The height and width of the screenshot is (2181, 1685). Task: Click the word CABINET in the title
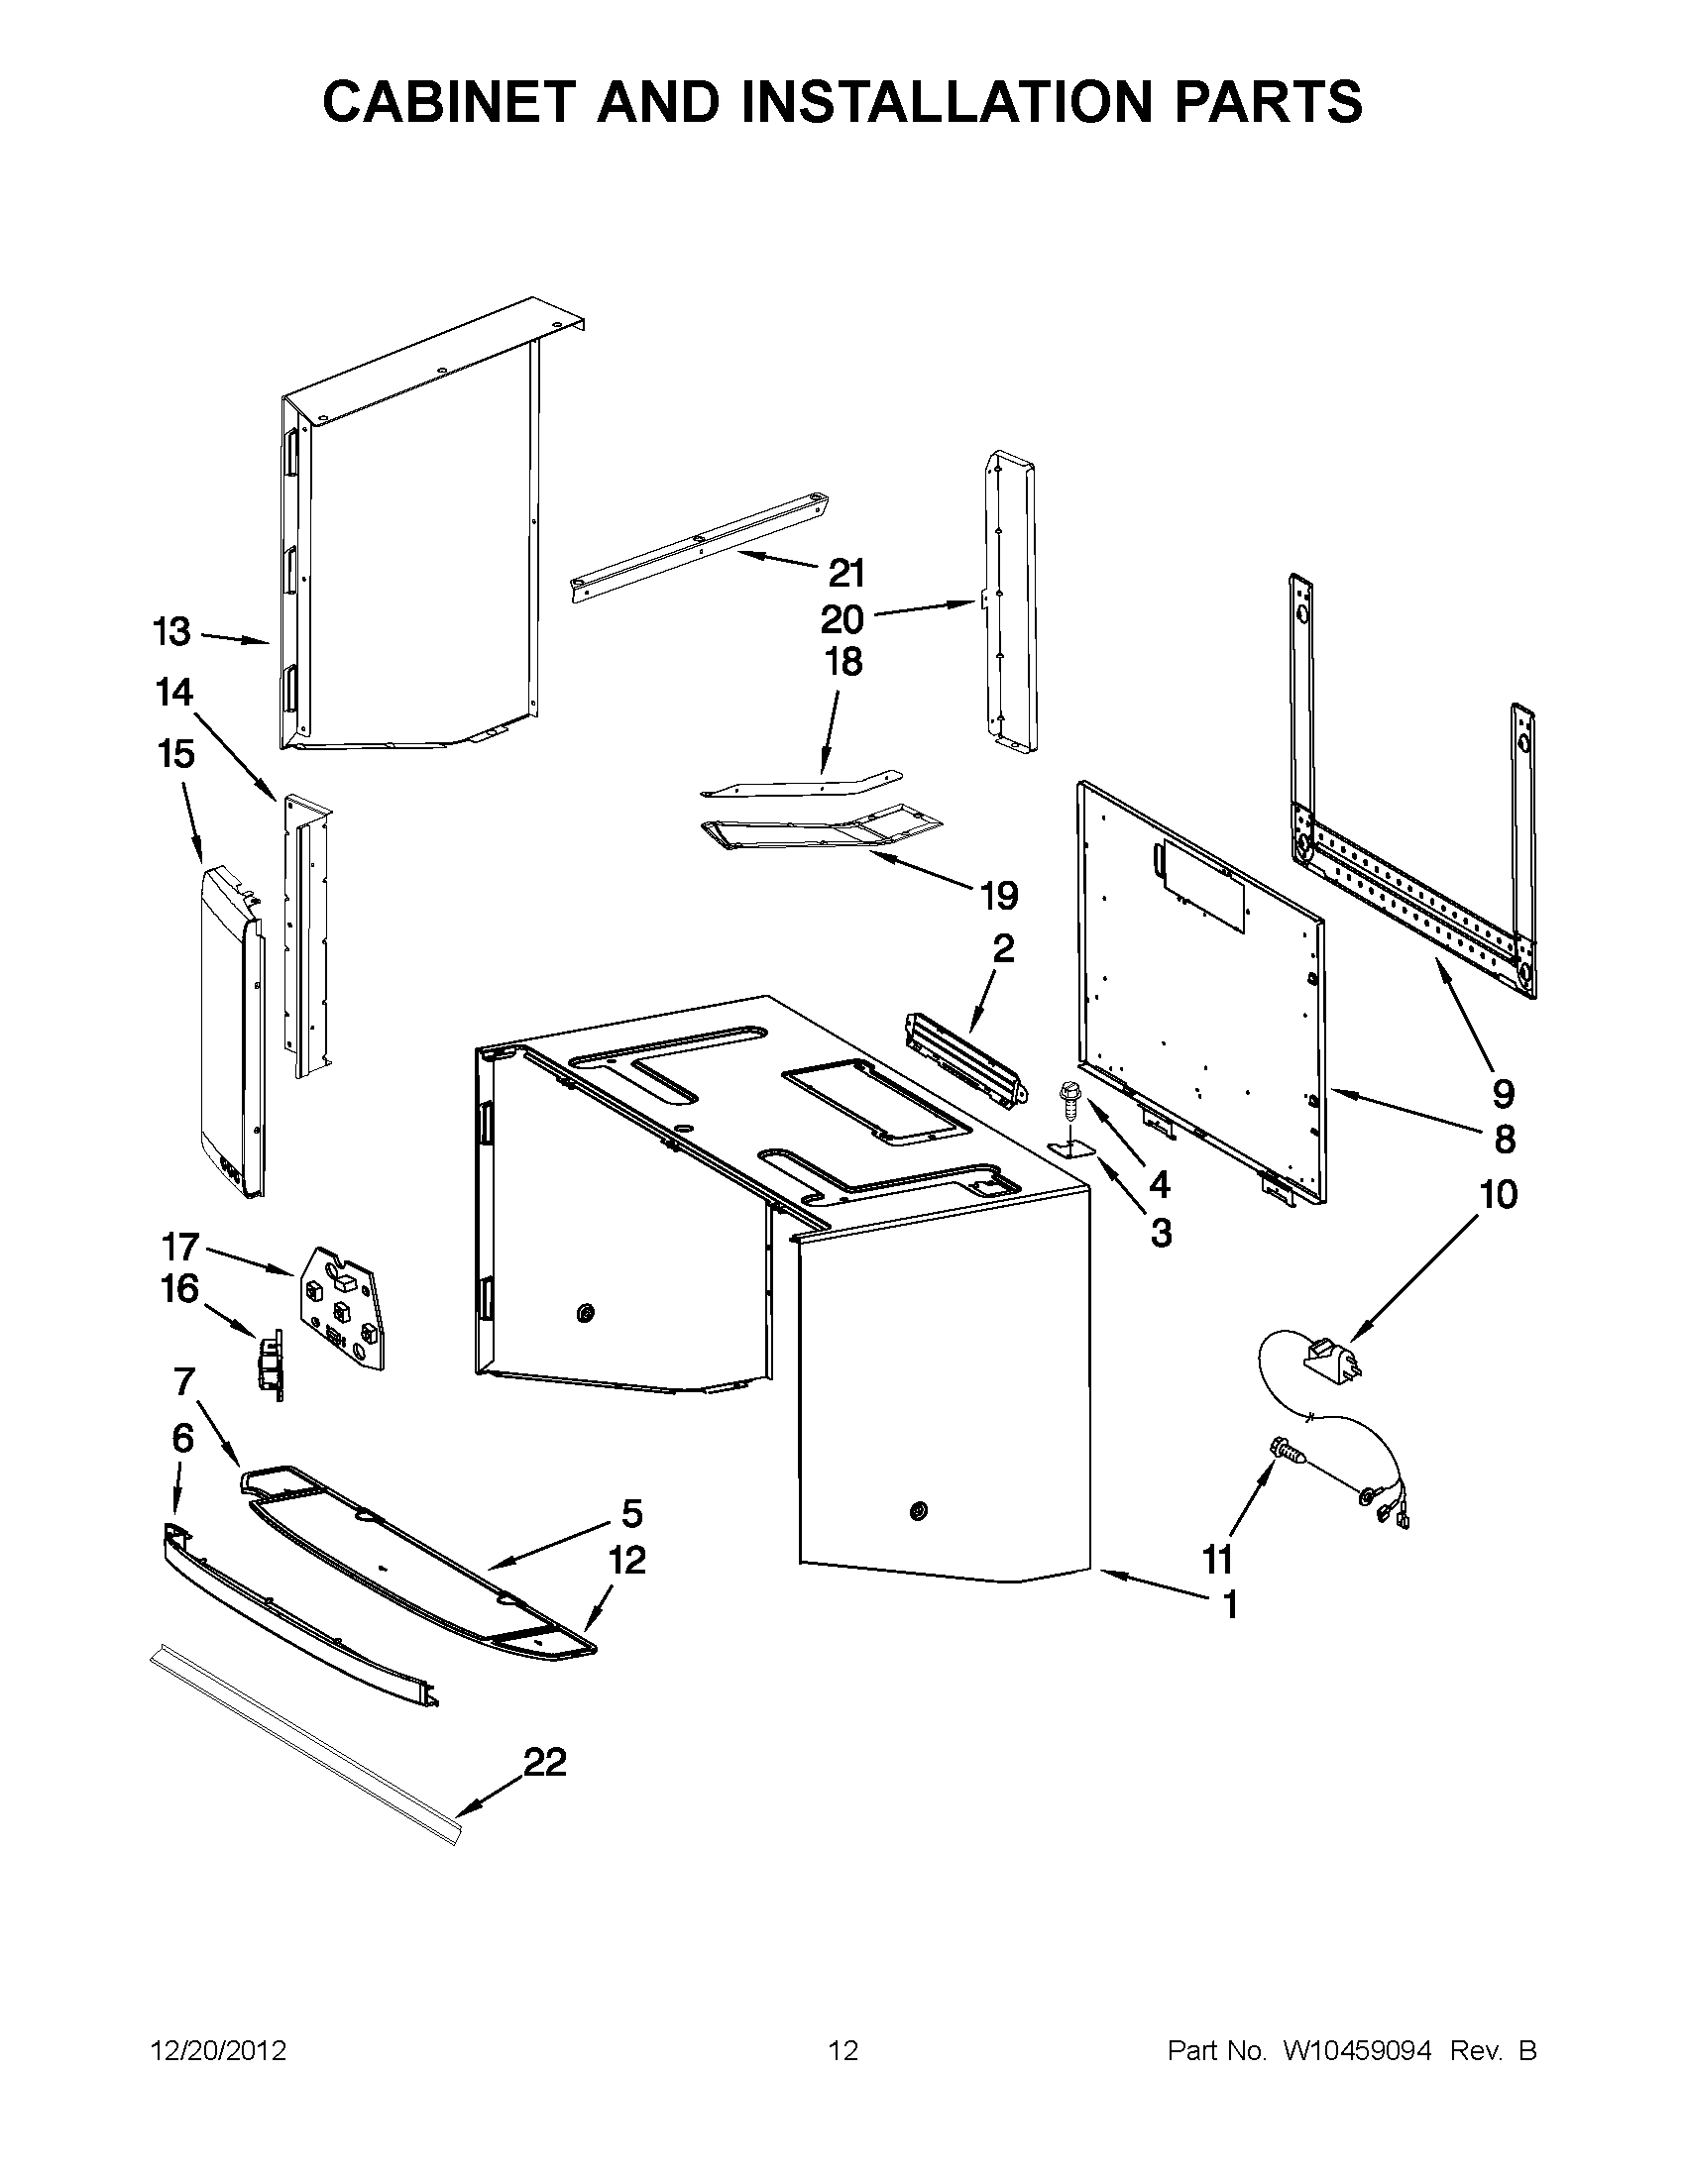pos(459,101)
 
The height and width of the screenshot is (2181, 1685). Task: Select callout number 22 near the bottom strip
pos(544,1762)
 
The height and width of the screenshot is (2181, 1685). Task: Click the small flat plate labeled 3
pos(1071,1147)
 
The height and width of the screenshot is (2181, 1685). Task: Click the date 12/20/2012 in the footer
pos(218,2051)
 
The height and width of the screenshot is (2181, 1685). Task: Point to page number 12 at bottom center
pos(843,2051)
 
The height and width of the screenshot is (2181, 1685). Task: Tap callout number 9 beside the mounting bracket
pos(1504,1094)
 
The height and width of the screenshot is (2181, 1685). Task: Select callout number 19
pos(999,896)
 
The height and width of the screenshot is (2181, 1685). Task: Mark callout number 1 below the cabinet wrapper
pos(1230,1605)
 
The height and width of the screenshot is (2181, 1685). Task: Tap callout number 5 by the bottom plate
pos(631,1514)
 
